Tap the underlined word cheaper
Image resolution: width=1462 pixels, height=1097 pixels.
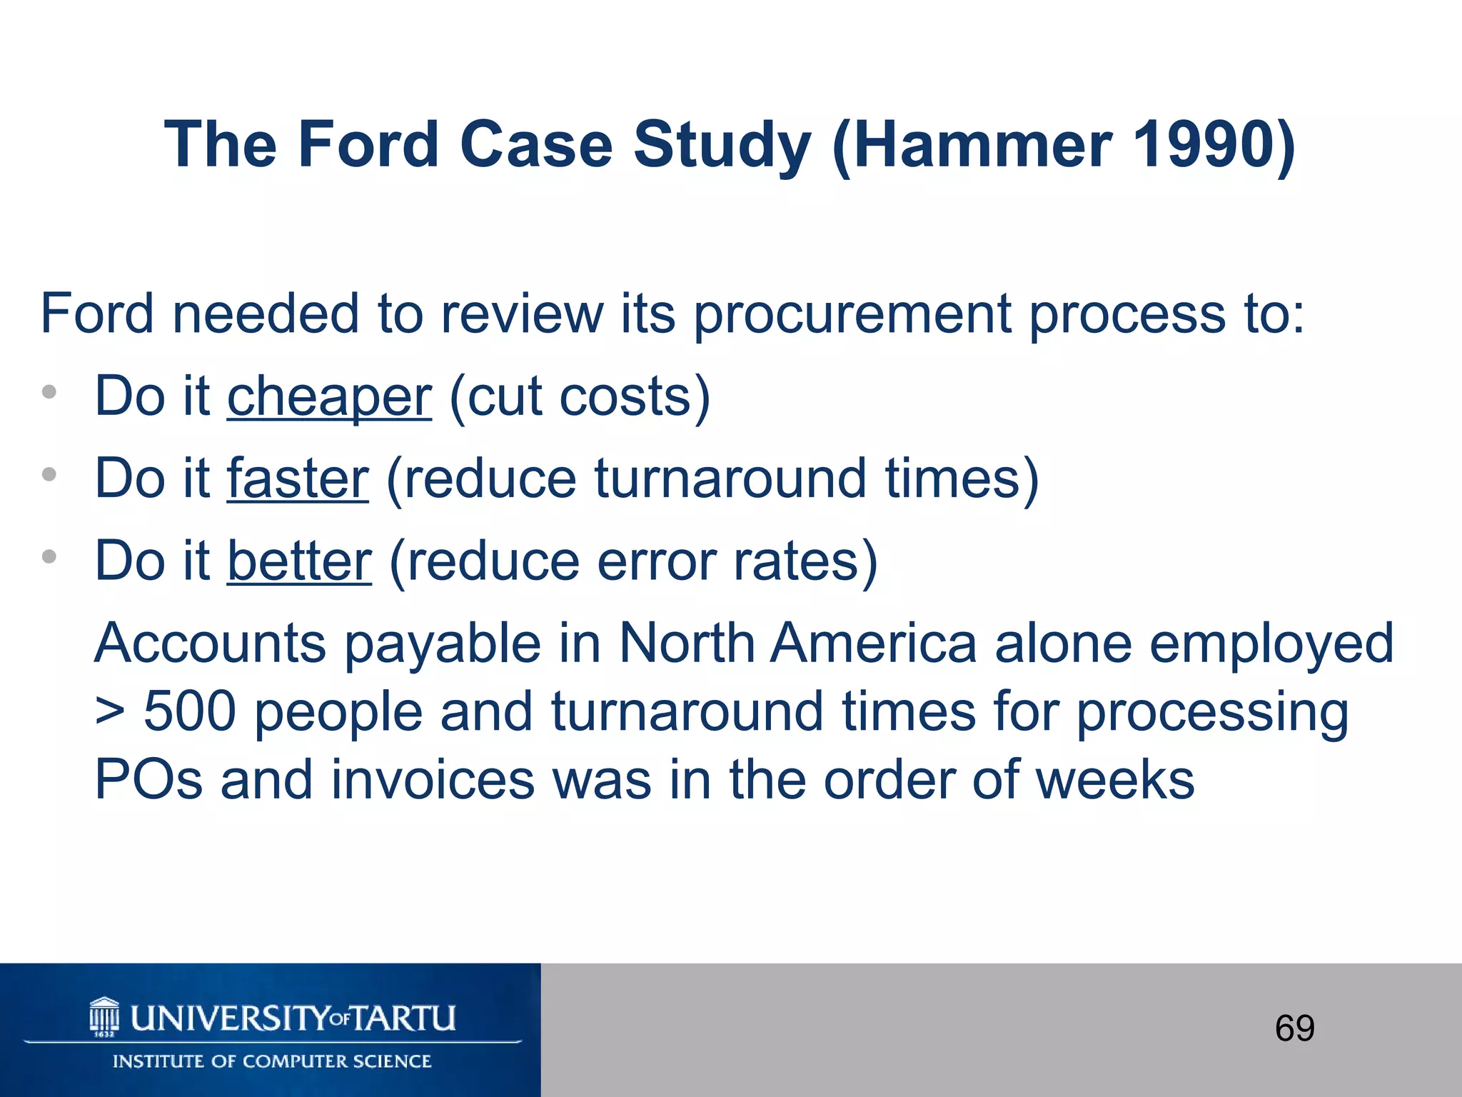point(329,397)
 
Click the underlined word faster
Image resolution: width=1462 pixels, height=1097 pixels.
point(298,479)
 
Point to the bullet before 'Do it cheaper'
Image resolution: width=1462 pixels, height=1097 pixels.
point(49,391)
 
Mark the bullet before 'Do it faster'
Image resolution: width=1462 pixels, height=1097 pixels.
point(49,474)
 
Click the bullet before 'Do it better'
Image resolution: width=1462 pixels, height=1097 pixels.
point(49,556)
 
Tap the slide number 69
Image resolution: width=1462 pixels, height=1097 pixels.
point(1294,1028)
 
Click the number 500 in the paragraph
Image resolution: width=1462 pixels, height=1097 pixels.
point(190,711)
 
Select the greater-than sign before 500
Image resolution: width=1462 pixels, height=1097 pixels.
point(110,713)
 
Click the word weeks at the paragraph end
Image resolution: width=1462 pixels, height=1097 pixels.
point(1115,780)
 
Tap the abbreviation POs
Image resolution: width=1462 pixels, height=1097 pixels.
point(148,780)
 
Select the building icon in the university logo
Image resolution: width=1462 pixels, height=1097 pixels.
point(104,1017)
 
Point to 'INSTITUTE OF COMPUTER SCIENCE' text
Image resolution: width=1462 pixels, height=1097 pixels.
point(272,1061)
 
